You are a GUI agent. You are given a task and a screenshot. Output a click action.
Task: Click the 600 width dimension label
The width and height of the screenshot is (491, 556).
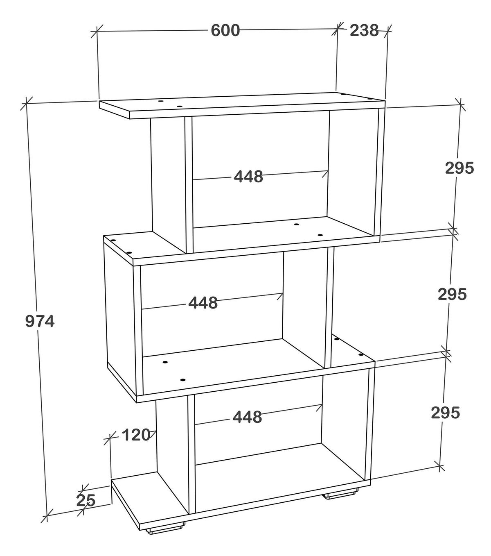[x=225, y=30]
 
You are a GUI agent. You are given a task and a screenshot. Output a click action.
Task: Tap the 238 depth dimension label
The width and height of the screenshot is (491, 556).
[x=364, y=30]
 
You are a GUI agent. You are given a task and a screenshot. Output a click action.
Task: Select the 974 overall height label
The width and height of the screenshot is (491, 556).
[x=40, y=321]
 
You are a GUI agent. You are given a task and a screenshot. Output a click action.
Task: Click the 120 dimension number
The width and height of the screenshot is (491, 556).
[x=136, y=435]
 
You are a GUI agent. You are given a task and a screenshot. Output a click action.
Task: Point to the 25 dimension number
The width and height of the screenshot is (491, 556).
[x=86, y=500]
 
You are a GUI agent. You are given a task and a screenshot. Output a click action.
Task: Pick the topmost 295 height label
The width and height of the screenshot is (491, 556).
[x=459, y=168]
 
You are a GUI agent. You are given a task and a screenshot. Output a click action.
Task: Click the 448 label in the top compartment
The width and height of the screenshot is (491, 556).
[x=248, y=177]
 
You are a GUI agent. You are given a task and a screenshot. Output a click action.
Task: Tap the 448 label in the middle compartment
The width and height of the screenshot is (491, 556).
[x=203, y=303]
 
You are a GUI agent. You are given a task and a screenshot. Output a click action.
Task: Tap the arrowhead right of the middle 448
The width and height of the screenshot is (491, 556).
[x=280, y=296]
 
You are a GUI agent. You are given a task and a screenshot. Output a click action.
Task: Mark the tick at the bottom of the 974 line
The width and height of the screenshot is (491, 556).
[x=47, y=518]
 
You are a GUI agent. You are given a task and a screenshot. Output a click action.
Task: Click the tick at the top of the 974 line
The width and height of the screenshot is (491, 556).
[x=26, y=104]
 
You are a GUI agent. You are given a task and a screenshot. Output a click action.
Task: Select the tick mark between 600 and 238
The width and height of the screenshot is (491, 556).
[x=337, y=29]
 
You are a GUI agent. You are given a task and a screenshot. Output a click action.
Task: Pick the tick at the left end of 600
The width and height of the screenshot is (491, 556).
[x=97, y=31]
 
